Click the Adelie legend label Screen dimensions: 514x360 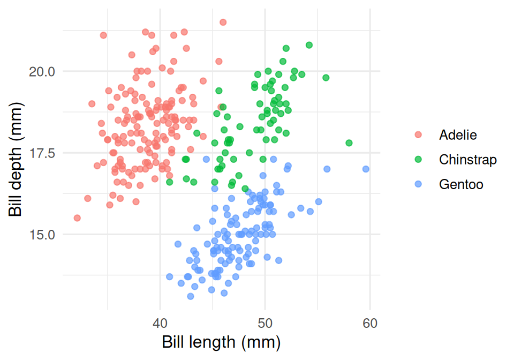click(x=458, y=135)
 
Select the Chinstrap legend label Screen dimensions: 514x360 click(x=468, y=160)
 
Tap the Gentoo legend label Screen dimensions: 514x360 click(x=461, y=184)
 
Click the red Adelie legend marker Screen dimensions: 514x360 click(x=418, y=134)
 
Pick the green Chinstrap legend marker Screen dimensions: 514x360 click(x=418, y=159)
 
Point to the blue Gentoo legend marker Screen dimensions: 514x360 click(x=418, y=184)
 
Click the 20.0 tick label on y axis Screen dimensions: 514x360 click(x=42, y=71)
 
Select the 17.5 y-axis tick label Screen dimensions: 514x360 click(x=42, y=153)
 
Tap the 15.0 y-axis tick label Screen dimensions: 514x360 click(x=42, y=235)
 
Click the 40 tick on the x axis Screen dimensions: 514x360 click(x=160, y=323)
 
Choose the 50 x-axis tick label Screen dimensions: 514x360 click(x=265, y=323)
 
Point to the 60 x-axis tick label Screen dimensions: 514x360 click(x=370, y=323)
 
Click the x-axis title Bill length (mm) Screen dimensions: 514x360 click(x=221, y=343)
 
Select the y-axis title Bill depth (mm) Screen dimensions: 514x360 click(x=16, y=159)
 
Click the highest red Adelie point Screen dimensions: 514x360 click(x=223, y=22)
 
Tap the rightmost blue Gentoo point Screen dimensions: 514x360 click(x=366, y=169)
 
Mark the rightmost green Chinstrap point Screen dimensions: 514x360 click(x=349, y=143)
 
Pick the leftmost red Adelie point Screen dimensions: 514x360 click(x=77, y=218)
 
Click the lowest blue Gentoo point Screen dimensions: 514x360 click(x=191, y=296)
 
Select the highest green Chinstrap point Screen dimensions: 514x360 click(x=309, y=45)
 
